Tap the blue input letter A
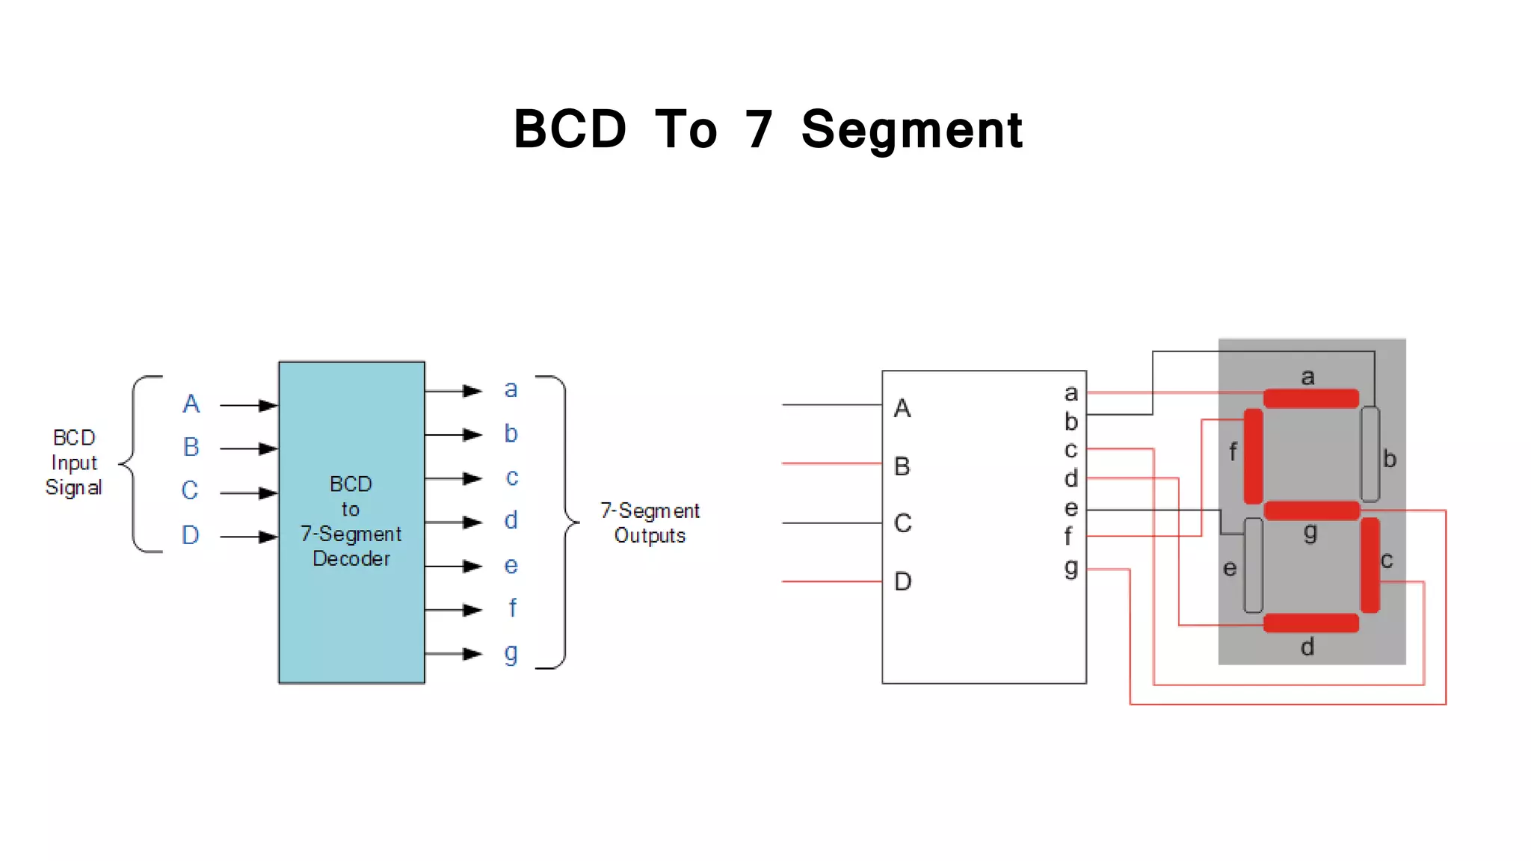191,404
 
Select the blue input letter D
191,535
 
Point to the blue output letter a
511,389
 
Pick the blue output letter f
512,608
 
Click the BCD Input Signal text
73,463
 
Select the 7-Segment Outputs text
650,523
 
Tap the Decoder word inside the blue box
351,559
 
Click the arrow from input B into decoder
249,448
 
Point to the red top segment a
1310,398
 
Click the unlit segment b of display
1370,454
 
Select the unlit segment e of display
1254,565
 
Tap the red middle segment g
1311,511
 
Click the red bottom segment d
1310,623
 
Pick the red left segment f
1253,456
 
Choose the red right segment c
1370,565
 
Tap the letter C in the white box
902,523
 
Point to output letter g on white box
1071,568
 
